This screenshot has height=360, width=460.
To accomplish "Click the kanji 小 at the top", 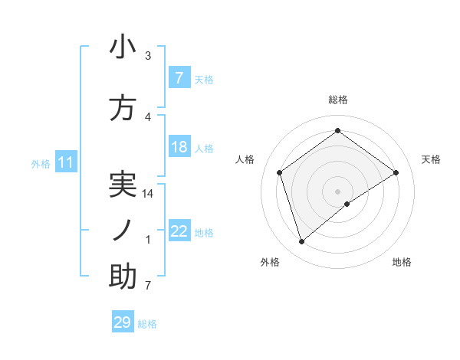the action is coord(123,47).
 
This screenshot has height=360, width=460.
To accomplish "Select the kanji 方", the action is coord(123,110).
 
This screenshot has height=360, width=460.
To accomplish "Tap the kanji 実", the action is coord(123,184).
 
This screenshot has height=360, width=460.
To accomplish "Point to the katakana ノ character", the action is coord(123,231).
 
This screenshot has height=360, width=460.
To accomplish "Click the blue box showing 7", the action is coord(179,78).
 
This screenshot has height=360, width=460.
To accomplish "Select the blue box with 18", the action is coord(179,147).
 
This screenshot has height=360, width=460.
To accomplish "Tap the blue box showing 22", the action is coord(179,231).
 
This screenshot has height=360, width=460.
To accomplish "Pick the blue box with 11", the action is coord(65,162).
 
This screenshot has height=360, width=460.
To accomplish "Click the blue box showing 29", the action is coord(123,322).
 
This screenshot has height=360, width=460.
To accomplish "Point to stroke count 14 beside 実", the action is coord(149,194).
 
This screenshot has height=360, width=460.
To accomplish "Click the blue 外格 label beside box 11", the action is coord(41,163).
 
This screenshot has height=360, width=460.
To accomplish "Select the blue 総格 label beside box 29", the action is coord(147,324).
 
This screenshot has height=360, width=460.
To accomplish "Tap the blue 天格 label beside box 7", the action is coord(204,79).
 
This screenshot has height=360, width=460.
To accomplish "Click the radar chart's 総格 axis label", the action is coord(338,100).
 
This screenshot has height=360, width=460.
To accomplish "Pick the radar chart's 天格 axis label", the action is coord(432,159).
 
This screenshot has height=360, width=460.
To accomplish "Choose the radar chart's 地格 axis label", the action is coord(402,262).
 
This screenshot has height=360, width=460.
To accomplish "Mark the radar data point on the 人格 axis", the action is coord(280,172).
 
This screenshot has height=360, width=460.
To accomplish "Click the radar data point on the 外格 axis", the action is coord(302,242).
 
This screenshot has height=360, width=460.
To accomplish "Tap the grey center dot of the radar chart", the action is coord(338,191).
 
